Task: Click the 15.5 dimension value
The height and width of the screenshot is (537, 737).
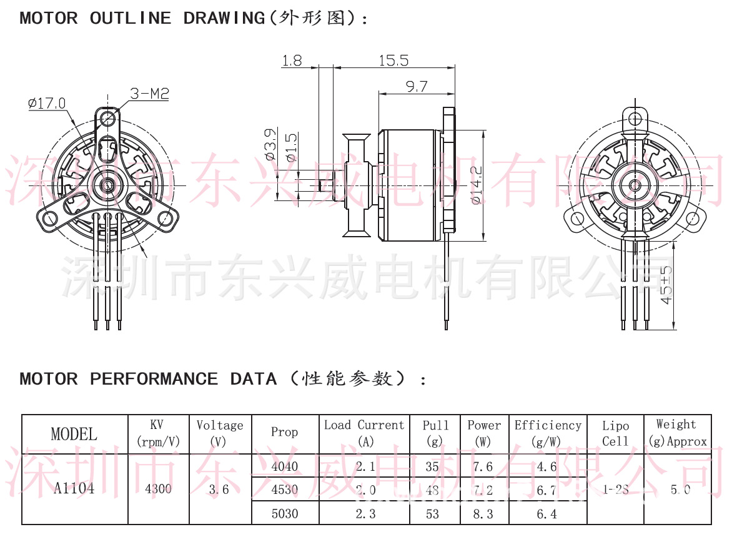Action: tap(393, 60)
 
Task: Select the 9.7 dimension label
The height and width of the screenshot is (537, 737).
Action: tap(417, 87)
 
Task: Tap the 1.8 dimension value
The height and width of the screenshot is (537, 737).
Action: tap(292, 60)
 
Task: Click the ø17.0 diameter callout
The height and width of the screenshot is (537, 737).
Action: tap(47, 103)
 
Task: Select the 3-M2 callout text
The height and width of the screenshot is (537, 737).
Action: tap(149, 94)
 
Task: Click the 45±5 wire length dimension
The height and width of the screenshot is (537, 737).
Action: tap(666, 285)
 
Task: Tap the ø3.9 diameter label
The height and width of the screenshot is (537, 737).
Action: tap(270, 144)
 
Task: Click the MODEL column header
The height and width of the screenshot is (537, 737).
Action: tap(74, 434)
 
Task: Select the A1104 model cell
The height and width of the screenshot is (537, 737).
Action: tap(74, 488)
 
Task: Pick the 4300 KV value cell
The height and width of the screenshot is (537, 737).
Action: tap(158, 488)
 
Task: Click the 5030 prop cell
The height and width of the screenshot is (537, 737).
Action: tap(285, 514)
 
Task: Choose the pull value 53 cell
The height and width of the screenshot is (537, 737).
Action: tap(432, 514)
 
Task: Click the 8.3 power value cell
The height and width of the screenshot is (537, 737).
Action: tap(483, 514)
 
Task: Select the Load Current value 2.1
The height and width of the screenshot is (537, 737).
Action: tap(365, 466)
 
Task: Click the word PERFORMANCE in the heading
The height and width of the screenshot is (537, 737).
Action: tap(154, 379)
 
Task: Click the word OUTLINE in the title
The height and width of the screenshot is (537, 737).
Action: tap(130, 18)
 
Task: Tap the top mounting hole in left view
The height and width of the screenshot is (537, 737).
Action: tap(109, 117)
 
